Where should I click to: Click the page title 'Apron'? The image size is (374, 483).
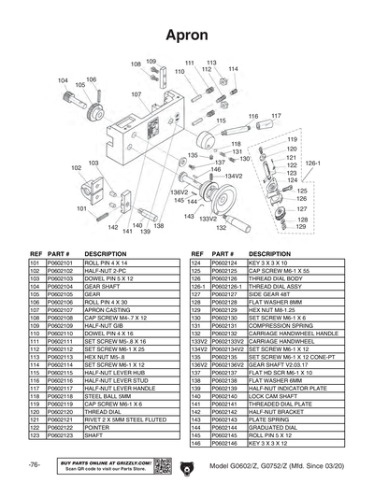[x=186, y=34]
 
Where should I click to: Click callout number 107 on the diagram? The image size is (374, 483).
[x=137, y=94]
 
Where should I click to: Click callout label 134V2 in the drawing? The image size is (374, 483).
[x=233, y=175]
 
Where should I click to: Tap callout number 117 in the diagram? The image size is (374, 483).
[x=276, y=115]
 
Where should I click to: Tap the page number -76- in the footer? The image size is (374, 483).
[x=34, y=464]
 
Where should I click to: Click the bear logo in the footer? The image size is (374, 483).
[x=184, y=465]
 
